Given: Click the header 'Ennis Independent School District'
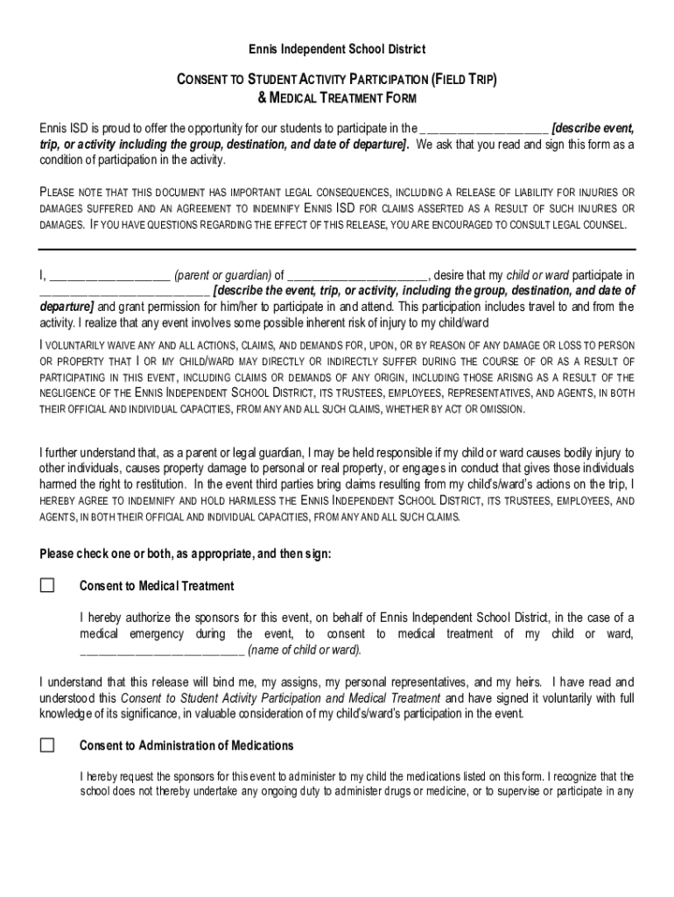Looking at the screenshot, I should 336,49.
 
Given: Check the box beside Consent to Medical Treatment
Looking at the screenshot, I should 47,585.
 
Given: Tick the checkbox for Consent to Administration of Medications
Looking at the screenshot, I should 47,745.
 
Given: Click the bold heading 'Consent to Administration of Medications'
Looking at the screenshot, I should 186,745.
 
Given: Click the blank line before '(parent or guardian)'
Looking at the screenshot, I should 109,275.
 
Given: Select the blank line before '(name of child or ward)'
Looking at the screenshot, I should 162,650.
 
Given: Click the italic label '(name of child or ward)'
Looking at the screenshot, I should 305,650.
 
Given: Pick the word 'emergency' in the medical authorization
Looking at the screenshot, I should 154,633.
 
